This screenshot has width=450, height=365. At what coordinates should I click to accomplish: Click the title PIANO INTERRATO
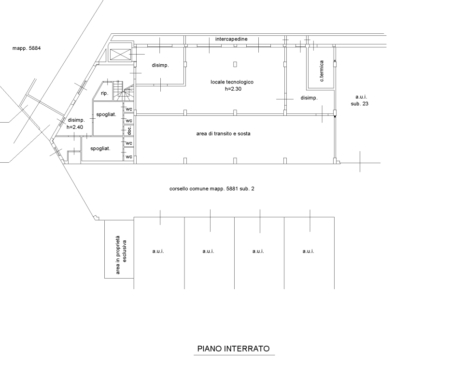pyautogui.click(x=233, y=349)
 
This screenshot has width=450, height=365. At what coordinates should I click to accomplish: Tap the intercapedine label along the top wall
pyautogui.click(x=231, y=39)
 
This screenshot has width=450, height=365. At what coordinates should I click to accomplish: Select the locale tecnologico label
pyautogui.click(x=232, y=82)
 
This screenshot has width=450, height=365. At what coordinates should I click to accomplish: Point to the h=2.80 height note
pyautogui.click(x=233, y=89)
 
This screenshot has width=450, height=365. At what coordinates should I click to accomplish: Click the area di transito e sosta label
pyautogui.click(x=223, y=134)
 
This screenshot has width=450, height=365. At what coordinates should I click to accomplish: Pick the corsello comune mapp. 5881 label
pyautogui.click(x=212, y=189)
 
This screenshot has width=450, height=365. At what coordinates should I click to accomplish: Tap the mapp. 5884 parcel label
pyautogui.click(x=27, y=48)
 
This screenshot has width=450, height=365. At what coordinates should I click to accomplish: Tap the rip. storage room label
pyautogui.click(x=104, y=93)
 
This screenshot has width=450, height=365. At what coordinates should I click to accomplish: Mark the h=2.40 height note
pyautogui.click(x=75, y=126)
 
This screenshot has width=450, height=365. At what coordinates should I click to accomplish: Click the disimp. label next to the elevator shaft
pyautogui.click(x=160, y=65)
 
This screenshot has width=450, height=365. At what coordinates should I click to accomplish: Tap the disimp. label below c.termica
pyautogui.click(x=309, y=98)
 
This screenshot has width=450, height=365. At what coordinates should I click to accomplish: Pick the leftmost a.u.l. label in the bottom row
pyautogui.click(x=158, y=251)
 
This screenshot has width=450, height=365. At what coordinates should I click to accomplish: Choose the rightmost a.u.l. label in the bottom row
pyautogui.click(x=308, y=251)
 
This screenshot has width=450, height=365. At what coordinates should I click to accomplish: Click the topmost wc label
pyautogui.click(x=128, y=109)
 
